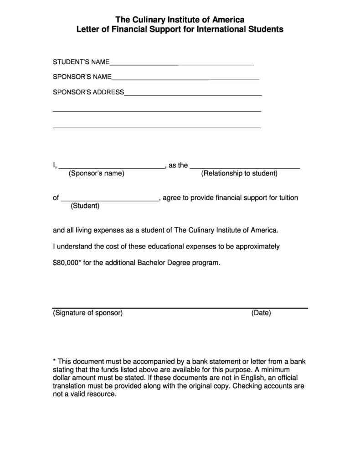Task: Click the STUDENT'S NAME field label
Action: [81, 62]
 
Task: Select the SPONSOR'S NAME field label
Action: [82, 77]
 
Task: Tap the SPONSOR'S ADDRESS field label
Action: [88, 92]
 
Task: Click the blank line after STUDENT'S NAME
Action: [181, 65]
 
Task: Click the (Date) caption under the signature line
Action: [261, 313]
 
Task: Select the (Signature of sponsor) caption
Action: [87, 313]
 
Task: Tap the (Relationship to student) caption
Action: [239, 173]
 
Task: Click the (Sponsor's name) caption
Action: [96, 173]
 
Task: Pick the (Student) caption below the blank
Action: [85, 206]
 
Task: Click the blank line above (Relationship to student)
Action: [245, 168]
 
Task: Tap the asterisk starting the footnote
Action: [54, 361]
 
